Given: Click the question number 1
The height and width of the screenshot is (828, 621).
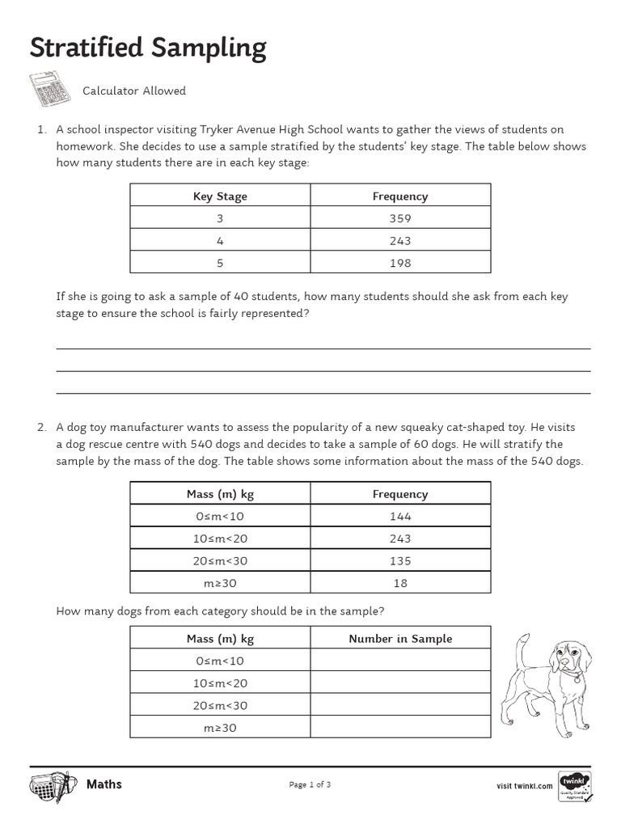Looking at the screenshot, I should pos(40,129).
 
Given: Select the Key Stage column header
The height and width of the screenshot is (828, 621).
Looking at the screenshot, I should pos(220,196).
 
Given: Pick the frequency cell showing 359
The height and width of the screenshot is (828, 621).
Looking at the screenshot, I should pos(399,218).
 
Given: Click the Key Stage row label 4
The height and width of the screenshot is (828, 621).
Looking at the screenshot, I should pos(220,241).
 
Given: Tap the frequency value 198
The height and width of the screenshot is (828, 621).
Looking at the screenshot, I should pos(399,263).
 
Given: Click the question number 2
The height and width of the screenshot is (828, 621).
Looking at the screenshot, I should pos(40,427).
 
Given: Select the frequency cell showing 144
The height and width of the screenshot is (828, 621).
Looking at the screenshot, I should pos(399,516).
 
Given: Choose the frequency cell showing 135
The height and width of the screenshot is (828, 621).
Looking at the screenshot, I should pos(399,560).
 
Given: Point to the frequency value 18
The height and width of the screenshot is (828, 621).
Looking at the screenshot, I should pos(399,583).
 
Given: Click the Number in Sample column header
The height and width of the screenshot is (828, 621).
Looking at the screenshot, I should pos(399,638).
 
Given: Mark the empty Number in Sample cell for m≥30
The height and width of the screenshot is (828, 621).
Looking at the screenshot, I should pos(399,728).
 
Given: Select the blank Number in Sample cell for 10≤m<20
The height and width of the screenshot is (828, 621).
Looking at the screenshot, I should pos(399,683).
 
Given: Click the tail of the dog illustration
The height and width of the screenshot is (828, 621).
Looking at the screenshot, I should pos(523,647).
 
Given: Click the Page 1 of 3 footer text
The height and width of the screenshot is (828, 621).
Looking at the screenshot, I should pos(310,784).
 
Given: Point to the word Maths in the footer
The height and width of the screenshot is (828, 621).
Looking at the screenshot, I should pos(103,784).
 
